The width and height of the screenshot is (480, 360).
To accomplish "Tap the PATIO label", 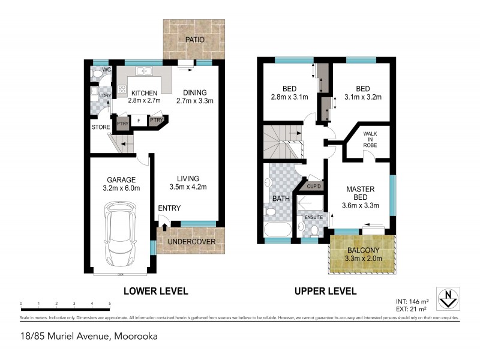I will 194,40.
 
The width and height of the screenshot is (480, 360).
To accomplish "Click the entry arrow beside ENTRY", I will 164,221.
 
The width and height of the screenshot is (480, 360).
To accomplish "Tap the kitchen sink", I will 144,71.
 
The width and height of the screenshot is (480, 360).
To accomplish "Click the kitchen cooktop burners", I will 122,91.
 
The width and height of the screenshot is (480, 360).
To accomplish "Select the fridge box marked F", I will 139,121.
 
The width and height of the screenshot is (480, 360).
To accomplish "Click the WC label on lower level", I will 107,70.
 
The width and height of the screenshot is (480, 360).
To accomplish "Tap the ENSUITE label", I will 314,217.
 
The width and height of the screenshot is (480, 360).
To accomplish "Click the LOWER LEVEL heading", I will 155,291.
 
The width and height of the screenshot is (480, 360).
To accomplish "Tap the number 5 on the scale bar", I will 110,304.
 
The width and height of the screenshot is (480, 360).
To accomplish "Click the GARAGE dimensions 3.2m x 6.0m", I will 121,188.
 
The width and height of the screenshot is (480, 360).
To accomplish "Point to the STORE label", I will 101,127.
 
